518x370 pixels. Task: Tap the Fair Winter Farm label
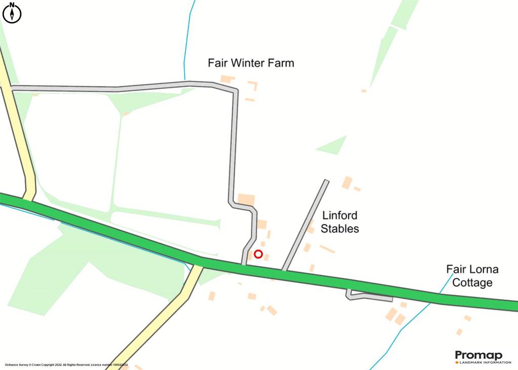pyautogui.click(x=251, y=63)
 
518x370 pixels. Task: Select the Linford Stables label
pyautogui.click(x=339, y=222)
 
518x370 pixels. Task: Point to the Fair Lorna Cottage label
pyautogui.click(x=471, y=275)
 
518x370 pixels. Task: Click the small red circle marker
pyautogui.click(x=258, y=254)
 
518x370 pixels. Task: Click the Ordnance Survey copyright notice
pyautogui.click(x=66, y=364)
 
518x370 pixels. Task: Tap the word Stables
pyautogui.click(x=340, y=228)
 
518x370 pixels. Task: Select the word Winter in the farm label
pyautogui.click(x=251, y=63)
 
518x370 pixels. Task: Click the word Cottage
pyautogui.click(x=472, y=282)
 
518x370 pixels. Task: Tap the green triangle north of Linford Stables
pyautogui.click(x=331, y=145)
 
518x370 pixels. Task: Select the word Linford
pyautogui.click(x=339, y=215)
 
